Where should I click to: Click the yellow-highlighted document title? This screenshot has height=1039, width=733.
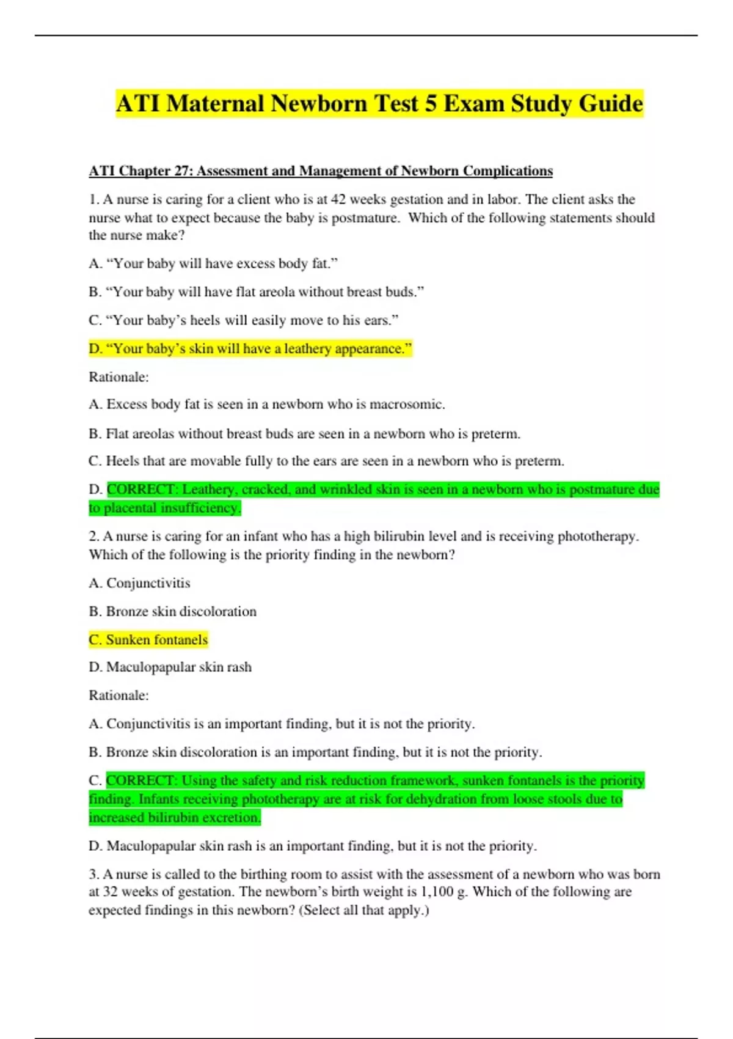(379, 103)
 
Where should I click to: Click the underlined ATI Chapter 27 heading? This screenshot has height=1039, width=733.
(321, 171)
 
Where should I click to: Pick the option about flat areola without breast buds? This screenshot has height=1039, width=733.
(257, 292)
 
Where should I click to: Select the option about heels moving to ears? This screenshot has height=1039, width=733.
(244, 320)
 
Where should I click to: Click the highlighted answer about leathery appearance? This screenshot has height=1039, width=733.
(250, 349)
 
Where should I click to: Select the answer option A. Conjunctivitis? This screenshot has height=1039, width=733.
(139, 583)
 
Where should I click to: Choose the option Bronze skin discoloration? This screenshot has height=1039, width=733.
(173, 612)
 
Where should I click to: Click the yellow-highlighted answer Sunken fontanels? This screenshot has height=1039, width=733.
(148, 640)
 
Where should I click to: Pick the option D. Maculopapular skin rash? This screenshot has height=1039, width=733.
(170, 667)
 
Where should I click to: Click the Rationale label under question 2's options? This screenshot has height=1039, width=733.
(119, 696)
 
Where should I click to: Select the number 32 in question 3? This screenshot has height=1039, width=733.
(111, 892)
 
